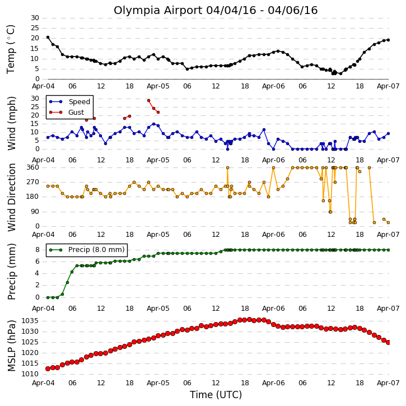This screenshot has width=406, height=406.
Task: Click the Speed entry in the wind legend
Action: point(70,101)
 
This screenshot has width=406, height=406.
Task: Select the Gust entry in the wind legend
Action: point(67,112)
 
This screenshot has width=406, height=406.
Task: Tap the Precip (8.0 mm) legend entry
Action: point(87,250)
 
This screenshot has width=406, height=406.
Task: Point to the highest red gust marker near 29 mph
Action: point(148,100)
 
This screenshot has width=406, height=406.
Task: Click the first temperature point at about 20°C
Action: point(48,38)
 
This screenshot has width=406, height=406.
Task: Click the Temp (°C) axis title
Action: point(11,49)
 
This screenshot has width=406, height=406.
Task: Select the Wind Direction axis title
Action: point(12,197)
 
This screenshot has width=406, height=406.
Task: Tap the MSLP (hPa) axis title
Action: point(12,346)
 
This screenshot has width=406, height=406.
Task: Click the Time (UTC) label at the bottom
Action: point(216,395)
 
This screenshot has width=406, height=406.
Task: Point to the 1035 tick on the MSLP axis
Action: point(30,321)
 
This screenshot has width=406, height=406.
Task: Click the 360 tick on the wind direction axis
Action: point(33,167)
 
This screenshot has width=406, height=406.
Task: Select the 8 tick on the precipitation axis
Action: point(38,250)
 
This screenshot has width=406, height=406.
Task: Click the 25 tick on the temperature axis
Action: point(35,28)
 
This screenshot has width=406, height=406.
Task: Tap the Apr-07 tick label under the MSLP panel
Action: point(388,382)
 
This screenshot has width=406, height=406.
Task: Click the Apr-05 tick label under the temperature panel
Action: point(158,86)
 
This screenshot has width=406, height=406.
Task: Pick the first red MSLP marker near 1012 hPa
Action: point(48,368)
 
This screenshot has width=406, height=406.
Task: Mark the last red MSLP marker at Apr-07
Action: point(388,342)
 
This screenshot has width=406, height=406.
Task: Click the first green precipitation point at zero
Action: point(48,297)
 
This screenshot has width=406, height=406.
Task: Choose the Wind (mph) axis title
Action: point(12,123)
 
